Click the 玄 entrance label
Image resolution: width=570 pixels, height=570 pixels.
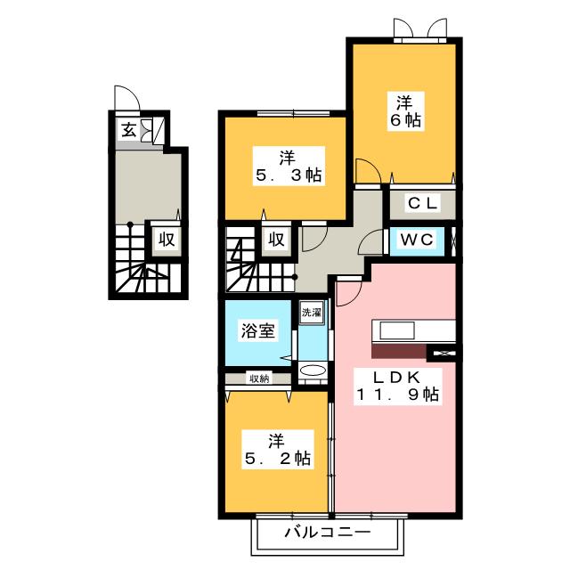tap(128, 130)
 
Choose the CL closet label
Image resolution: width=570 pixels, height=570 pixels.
tap(422, 203)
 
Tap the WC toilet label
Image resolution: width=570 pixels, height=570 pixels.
tap(415, 240)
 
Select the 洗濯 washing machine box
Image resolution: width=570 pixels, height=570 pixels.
tap(311, 313)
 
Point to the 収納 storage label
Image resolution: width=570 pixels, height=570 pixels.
tap(258, 379)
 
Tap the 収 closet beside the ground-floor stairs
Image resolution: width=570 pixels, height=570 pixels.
tap(166, 239)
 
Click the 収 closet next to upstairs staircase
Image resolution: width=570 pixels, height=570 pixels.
tap(275, 239)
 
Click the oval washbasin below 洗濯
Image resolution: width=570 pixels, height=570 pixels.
tap(313, 371)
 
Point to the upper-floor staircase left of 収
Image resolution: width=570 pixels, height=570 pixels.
tap(240, 258)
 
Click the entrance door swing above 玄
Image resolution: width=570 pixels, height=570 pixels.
tap(125, 99)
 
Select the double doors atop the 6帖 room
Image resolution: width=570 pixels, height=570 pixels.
tap(421, 30)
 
